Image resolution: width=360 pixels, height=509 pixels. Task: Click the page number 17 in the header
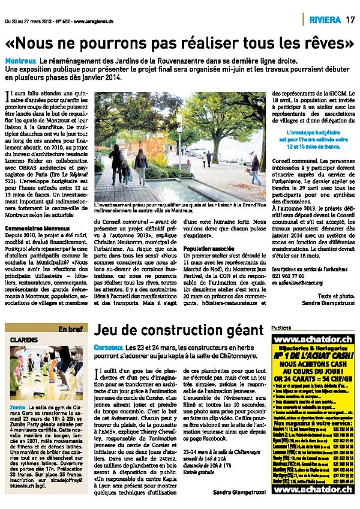pyautogui.click(x=350, y=19)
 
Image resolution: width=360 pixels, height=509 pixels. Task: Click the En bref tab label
pyautogui.click(x=70, y=329)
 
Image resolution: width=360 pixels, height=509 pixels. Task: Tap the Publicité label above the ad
pyautogui.click(x=281, y=328)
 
